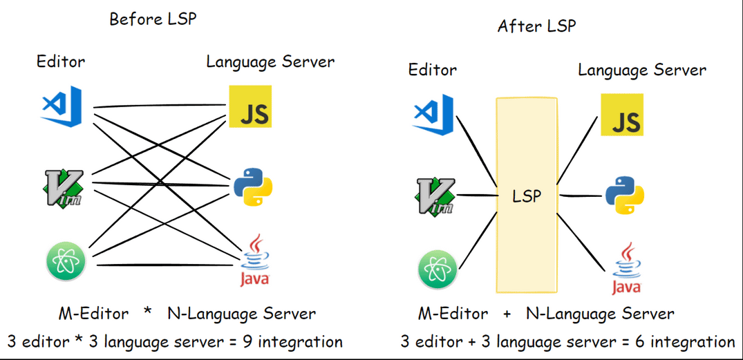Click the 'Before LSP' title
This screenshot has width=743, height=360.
tap(153, 19)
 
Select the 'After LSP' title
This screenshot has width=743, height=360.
tap(536, 27)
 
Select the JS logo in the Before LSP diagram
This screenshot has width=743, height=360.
tap(250, 107)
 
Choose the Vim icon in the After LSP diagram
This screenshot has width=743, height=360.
tap(435, 196)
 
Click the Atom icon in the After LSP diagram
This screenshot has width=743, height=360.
tap(438, 269)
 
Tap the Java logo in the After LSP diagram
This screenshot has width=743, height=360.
tap(626, 269)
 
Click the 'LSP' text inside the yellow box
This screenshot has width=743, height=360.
tap(527, 196)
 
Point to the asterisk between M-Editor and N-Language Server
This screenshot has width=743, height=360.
tap(147, 313)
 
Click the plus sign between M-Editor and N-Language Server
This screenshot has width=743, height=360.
tap(507, 314)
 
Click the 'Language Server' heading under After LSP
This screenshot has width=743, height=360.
tap(642, 70)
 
